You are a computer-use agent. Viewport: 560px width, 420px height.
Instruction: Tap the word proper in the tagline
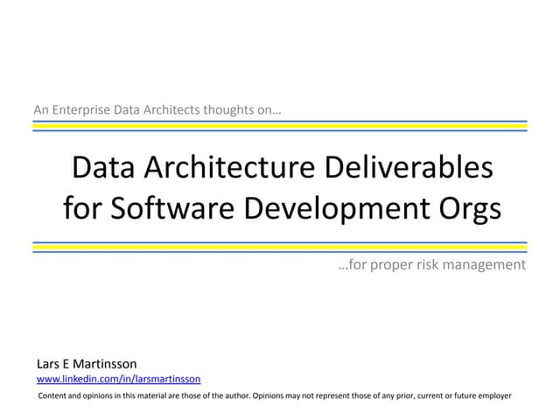[394, 264]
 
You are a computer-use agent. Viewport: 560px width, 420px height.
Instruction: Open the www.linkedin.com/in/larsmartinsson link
[118, 379]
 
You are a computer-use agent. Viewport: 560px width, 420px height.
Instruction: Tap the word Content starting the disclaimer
[56, 396]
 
